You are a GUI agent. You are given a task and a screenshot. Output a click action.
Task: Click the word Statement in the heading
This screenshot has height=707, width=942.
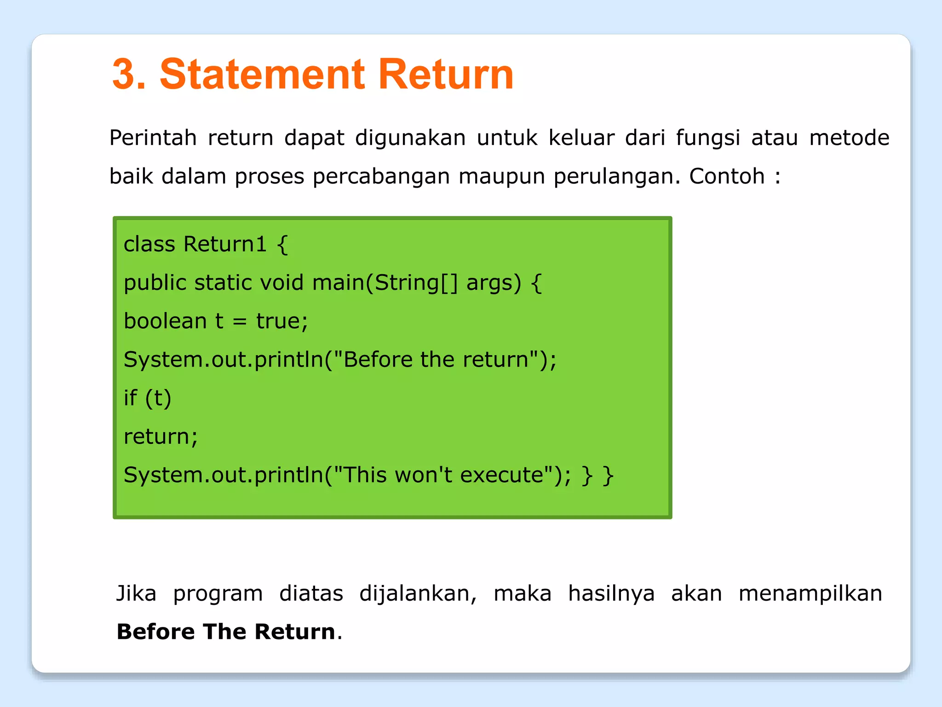pyautogui.click(x=262, y=75)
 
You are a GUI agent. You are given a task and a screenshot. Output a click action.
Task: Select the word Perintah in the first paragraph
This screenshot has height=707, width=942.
pyautogui.click(x=153, y=138)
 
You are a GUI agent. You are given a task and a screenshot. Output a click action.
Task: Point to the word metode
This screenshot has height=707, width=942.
pyautogui.click(x=849, y=138)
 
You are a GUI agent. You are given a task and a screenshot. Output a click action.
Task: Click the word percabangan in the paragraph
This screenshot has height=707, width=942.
pyautogui.click(x=381, y=177)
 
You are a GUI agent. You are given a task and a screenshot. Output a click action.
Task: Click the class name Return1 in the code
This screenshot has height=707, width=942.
pyautogui.click(x=224, y=244)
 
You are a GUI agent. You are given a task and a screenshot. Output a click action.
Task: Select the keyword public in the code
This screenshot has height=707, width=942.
pyautogui.click(x=155, y=282)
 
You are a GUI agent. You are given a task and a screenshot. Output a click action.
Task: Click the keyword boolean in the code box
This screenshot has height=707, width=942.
pyautogui.click(x=165, y=321)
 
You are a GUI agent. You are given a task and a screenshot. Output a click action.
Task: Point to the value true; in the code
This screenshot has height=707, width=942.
pyautogui.click(x=282, y=321)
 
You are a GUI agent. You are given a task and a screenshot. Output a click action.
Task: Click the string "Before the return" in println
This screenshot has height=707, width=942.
pyautogui.click(x=436, y=359)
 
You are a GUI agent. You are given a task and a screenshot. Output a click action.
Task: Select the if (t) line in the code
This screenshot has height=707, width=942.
pyautogui.click(x=147, y=398)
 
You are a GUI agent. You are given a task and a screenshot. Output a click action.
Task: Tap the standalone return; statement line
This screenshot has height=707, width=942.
pyautogui.click(x=161, y=437)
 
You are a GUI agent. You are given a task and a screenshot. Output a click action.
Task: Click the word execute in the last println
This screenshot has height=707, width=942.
pyautogui.click(x=502, y=475)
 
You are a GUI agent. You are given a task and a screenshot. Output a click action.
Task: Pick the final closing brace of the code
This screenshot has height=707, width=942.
pyautogui.click(x=608, y=475)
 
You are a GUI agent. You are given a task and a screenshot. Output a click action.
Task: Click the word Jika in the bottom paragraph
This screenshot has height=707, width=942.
pyautogui.click(x=136, y=593)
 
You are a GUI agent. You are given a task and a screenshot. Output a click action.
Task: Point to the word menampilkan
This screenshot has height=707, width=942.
pyautogui.click(x=810, y=593)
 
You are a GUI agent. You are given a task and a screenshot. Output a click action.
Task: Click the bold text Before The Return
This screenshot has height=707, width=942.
pyautogui.click(x=225, y=632)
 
